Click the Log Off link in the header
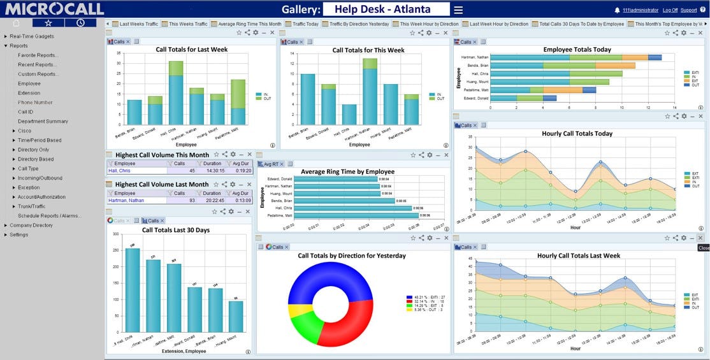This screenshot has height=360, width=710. point(670,10)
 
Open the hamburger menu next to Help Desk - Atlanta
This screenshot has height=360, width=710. point(458,10)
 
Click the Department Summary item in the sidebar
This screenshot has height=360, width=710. point(43,121)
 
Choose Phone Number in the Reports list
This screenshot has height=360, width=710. point(35,103)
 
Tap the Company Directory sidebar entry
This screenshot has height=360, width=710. point(31,225)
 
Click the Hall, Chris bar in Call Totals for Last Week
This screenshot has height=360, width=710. point(176,96)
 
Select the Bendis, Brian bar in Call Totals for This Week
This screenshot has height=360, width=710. point(308,99)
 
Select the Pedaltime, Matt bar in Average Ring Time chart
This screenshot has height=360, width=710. point(357,215)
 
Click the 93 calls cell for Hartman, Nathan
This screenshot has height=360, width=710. point(191,200)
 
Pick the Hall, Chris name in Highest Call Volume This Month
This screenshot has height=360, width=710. point(120,171)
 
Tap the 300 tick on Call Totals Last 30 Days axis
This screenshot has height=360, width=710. point(115,234)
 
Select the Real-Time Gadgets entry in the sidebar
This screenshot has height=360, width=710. point(32,36)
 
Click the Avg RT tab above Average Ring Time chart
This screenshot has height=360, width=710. point(272,164)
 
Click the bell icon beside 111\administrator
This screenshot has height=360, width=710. point(617,10)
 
